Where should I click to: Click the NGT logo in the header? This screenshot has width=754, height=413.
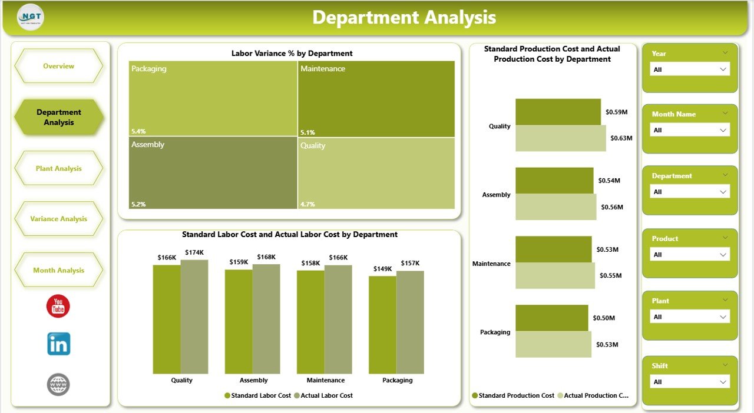(x=31, y=17)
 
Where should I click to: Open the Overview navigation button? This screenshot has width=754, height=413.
(x=59, y=66)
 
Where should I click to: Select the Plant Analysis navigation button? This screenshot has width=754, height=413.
(x=59, y=168)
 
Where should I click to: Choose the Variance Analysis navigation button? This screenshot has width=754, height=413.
(x=59, y=219)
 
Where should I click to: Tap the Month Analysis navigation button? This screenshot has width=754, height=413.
(x=59, y=270)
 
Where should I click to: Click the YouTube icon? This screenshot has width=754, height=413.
(x=58, y=306)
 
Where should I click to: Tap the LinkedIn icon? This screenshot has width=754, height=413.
(x=58, y=344)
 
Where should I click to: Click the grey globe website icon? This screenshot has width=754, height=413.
(x=58, y=384)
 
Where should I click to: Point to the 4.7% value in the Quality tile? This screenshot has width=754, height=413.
(x=308, y=204)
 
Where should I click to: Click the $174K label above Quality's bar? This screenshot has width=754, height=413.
(x=194, y=252)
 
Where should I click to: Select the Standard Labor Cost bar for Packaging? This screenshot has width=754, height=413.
(x=382, y=325)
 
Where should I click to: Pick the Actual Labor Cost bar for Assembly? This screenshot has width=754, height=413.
(x=266, y=318)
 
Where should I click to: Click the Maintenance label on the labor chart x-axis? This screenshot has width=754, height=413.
(x=326, y=380)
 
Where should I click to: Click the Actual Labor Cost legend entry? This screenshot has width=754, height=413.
(x=326, y=395)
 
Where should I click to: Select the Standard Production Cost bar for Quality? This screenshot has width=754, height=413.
(x=558, y=112)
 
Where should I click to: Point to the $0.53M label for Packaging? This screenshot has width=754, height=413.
(x=607, y=344)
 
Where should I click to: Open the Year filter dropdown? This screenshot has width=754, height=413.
(x=690, y=69)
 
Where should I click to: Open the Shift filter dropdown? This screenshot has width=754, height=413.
(x=690, y=382)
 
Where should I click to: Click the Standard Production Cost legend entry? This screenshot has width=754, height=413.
(x=516, y=395)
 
